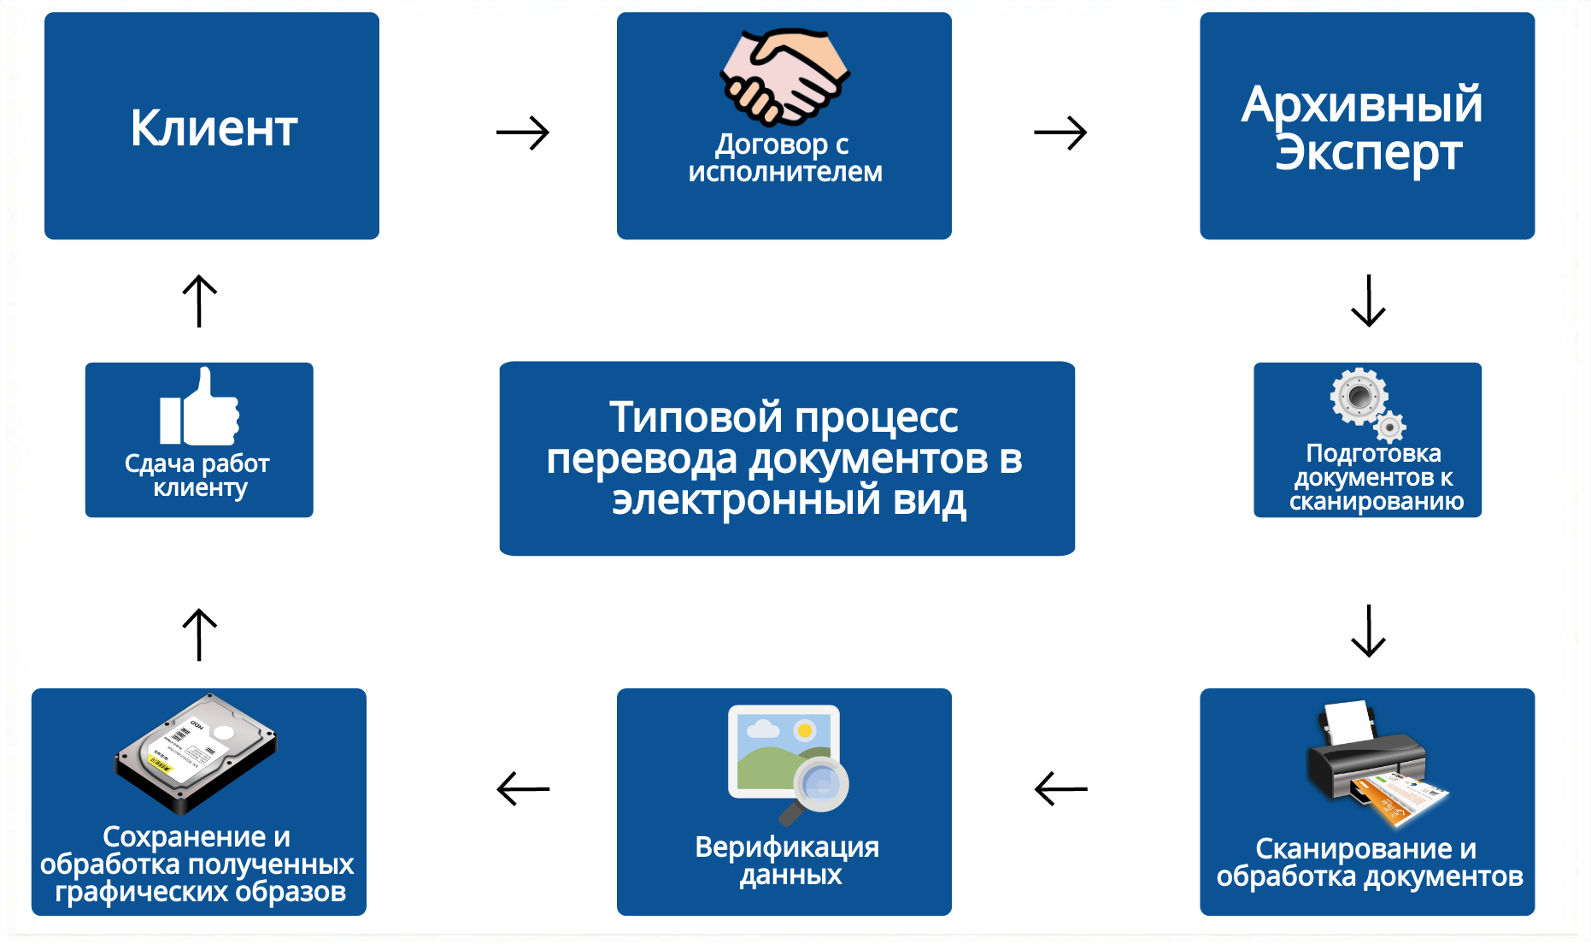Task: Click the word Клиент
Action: tap(214, 128)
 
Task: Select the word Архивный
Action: tap(1362, 104)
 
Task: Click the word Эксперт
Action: tap(1368, 154)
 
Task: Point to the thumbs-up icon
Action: tap(199, 407)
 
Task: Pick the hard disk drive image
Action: tap(197, 753)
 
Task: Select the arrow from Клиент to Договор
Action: tap(523, 133)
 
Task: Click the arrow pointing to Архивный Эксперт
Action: tap(1060, 133)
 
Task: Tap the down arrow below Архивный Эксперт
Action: tap(1368, 300)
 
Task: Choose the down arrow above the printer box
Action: tap(1368, 631)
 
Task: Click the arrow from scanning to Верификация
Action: tap(1060, 788)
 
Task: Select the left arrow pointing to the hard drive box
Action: tap(523, 788)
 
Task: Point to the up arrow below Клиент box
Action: tap(200, 300)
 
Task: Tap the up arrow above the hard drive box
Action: tap(200, 634)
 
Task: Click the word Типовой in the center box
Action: tap(696, 417)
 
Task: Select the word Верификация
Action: tap(787, 847)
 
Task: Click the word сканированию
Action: tap(1377, 502)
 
